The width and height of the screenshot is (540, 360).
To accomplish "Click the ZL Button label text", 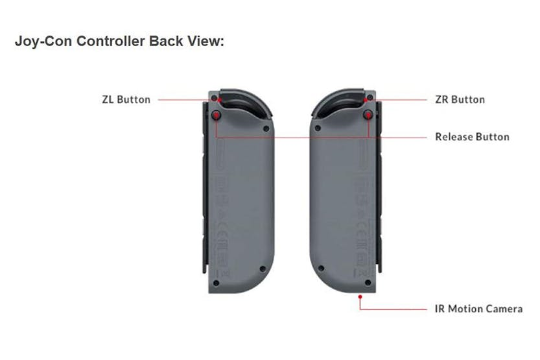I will pyautogui.click(x=126, y=100).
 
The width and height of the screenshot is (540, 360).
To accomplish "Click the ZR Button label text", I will pyautogui.click(x=460, y=99).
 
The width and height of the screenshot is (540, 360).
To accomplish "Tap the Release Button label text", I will pyautogui.click(x=472, y=137).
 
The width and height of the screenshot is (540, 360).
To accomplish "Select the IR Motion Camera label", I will pyautogui.click(x=478, y=309).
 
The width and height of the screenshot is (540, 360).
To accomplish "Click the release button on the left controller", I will pyautogui.click(x=217, y=115).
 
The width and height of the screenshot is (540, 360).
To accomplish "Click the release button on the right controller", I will pyautogui.click(x=368, y=115).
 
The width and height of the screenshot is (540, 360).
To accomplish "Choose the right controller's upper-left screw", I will pyautogui.click(x=317, y=128).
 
